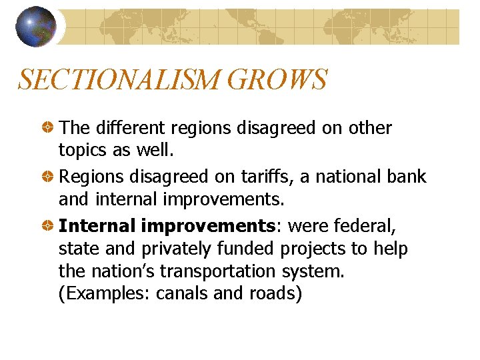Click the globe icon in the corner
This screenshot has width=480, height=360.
36,27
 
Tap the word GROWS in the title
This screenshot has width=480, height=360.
277,80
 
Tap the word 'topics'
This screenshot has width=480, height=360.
83,151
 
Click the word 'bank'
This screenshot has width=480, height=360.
406,177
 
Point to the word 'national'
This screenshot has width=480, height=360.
347,177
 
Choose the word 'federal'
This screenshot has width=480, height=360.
366,226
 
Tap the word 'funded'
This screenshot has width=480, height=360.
245,249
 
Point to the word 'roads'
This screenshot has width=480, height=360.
273,294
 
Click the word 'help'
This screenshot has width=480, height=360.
390,249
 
